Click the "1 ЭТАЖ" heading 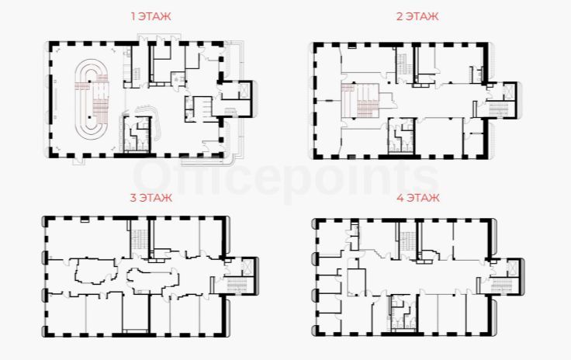point(151,16)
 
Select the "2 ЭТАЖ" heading point(417,16)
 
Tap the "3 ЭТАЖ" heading point(151,198)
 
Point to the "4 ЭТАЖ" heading point(418,198)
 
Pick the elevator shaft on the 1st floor point(244,91)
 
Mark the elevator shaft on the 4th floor point(513,268)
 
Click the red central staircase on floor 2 point(361,100)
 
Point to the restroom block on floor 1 point(137,134)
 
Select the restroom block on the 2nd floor point(402,136)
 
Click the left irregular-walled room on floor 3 point(97,272)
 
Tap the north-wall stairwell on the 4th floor point(407,241)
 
